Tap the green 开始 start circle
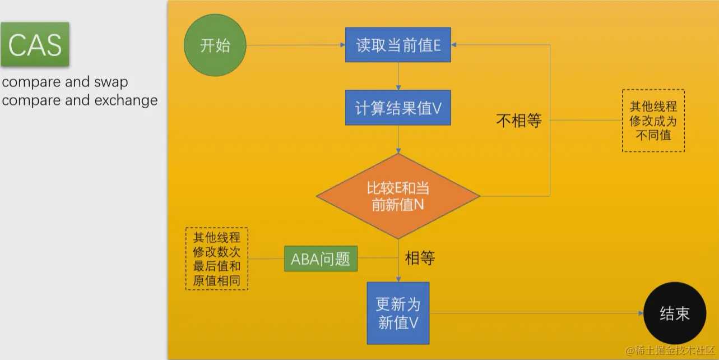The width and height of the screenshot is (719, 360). click(x=215, y=45)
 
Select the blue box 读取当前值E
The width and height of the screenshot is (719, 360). click(x=398, y=45)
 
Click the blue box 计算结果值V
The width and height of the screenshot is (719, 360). click(x=398, y=108)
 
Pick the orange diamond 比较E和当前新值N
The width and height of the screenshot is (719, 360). click(x=398, y=196)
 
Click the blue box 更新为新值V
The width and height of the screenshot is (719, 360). click(x=398, y=313)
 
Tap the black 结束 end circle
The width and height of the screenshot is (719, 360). click(x=674, y=313)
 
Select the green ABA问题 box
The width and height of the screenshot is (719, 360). click(x=321, y=259)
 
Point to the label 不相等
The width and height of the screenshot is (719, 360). click(x=519, y=120)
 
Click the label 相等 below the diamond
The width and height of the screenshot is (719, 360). click(x=420, y=258)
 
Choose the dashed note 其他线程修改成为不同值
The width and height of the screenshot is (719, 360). click(x=653, y=120)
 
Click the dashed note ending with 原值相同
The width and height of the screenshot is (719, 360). click(x=216, y=259)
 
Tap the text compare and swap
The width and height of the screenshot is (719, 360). click(x=65, y=82)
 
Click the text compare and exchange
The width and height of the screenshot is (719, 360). click(x=80, y=100)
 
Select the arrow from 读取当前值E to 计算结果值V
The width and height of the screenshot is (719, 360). click(x=398, y=76)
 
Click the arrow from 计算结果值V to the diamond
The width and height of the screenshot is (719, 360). click(x=398, y=139)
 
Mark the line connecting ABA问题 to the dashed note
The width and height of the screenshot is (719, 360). click(x=266, y=259)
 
